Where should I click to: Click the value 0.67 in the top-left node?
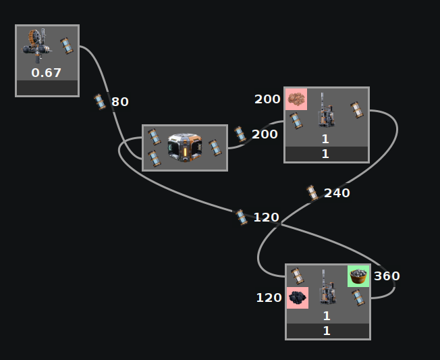(47, 72)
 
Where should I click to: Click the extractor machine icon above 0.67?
(37, 45)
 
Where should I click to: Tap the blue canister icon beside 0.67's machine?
(66, 45)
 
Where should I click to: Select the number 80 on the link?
(120, 102)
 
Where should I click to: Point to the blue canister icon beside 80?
(101, 102)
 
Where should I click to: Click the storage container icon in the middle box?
(184, 147)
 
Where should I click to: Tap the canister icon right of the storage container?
(215, 147)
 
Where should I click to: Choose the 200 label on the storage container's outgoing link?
(265, 134)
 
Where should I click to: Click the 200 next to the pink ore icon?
(267, 99)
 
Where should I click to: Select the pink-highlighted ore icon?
(296, 99)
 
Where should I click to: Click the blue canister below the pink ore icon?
(296, 120)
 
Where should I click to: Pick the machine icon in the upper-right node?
(327, 111)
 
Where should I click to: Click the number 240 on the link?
(337, 192)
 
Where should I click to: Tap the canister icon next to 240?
(312, 193)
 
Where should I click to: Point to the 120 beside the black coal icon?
(269, 297)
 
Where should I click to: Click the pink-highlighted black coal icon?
(298, 297)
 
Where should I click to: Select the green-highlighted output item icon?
(358, 276)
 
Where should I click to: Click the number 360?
(387, 276)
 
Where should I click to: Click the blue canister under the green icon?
(358, 297)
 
